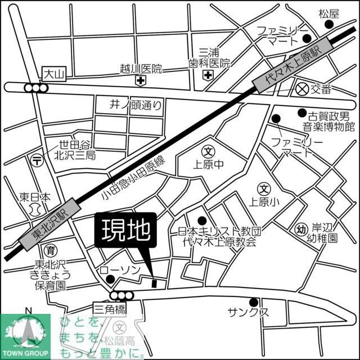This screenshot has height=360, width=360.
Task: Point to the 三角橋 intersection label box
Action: coord(110,308)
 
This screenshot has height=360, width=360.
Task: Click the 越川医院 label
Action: coord(141,69)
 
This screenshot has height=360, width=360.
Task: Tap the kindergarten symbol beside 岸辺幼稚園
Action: coord(301,228)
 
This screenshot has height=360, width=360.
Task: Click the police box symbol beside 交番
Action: coord(302,88)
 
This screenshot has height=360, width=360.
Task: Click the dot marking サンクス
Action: coord(254,302)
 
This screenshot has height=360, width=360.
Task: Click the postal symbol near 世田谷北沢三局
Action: coord(37,160)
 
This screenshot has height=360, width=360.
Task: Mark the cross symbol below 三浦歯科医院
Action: coord(208,75)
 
